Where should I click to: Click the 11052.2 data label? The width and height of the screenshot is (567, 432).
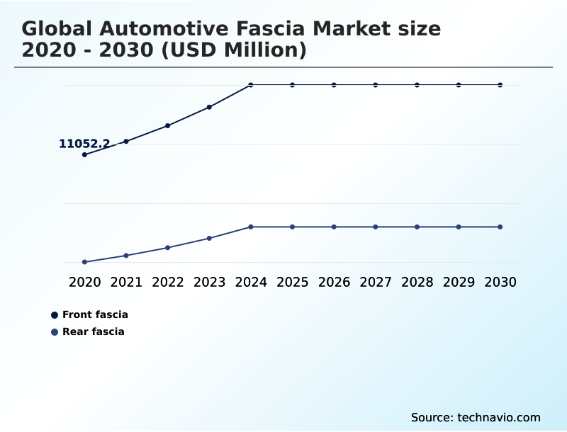point(84,144)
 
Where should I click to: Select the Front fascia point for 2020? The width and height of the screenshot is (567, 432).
point(84,154)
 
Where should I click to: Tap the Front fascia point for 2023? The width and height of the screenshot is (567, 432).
point(209,107)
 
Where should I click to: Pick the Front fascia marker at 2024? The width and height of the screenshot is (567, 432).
point(251,85)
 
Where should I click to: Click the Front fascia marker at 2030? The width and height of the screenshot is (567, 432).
point(500,85)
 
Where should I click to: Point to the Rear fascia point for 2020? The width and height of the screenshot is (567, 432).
point(84,262)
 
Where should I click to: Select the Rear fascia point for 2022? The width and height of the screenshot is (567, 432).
point(167,248)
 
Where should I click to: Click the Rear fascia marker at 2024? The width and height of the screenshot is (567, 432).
point(251,227)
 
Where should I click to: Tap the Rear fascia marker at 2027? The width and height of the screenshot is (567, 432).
point(376,227)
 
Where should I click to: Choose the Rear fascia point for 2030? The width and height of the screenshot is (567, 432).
point(500,227)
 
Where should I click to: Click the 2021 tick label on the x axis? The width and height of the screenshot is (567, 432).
point(126,282)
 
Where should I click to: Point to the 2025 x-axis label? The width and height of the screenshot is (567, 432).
point(292,282)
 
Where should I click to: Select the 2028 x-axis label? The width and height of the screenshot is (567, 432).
point(417,282)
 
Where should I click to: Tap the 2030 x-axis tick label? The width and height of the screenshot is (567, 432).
point(500,282)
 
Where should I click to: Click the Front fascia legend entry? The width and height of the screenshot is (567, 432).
point(94,314)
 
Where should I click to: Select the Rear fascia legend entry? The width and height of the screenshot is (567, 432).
point(93,331)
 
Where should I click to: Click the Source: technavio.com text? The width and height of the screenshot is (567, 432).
point(476,417)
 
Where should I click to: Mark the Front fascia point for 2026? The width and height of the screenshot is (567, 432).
point(334,85)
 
